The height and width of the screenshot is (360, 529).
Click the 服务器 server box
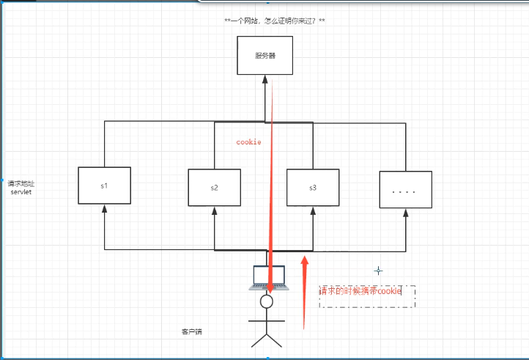[x=264, y=55]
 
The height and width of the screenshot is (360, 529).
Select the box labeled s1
[x=104, y=185]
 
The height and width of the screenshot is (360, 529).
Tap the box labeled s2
[x=214, y=188]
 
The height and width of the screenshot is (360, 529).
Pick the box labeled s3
[x=313, y=188]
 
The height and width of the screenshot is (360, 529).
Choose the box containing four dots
[x=405, y=191]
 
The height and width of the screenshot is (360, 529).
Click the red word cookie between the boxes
[x=248, y=142]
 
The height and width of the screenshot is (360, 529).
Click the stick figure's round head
[x=267, y=301]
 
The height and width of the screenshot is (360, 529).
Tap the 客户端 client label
[x=191, y=332]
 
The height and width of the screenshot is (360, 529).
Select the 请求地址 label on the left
[x=21, y=183]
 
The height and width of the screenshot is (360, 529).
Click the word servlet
[x=21, y=191]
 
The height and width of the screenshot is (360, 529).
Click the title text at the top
[x=275, y=21]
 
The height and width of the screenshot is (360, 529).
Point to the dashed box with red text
[x=367, y=296]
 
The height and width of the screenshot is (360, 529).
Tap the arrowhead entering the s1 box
[x=105, y=209]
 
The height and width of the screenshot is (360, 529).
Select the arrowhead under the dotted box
[x=405, y=213]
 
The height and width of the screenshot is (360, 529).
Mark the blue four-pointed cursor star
[x=378, y=271]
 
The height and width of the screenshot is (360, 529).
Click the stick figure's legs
[x=267, y=338]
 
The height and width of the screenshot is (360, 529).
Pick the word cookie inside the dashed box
[x=390, y=291]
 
